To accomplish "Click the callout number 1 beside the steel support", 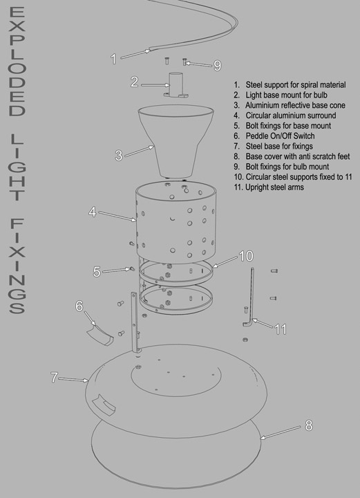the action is pos(113,59).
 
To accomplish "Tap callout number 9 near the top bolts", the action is pos(217,66).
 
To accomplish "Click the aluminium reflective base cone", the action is pos(176,140).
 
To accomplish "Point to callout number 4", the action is pos(93,212).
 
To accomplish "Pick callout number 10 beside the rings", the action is pos(246,256).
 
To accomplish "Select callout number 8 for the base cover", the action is pos(309,425).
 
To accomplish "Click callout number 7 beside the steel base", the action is pos(54,378).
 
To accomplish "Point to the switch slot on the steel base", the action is pos(104,405).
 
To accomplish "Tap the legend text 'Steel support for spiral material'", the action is pos(296,85).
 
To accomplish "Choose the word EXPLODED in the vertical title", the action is pos(17,62).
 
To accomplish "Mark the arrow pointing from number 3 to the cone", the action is pos(140,151).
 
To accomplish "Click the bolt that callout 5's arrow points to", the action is pos(130,269).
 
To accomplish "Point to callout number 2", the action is pos(135,82).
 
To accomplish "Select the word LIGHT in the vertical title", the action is pos(17,167).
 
